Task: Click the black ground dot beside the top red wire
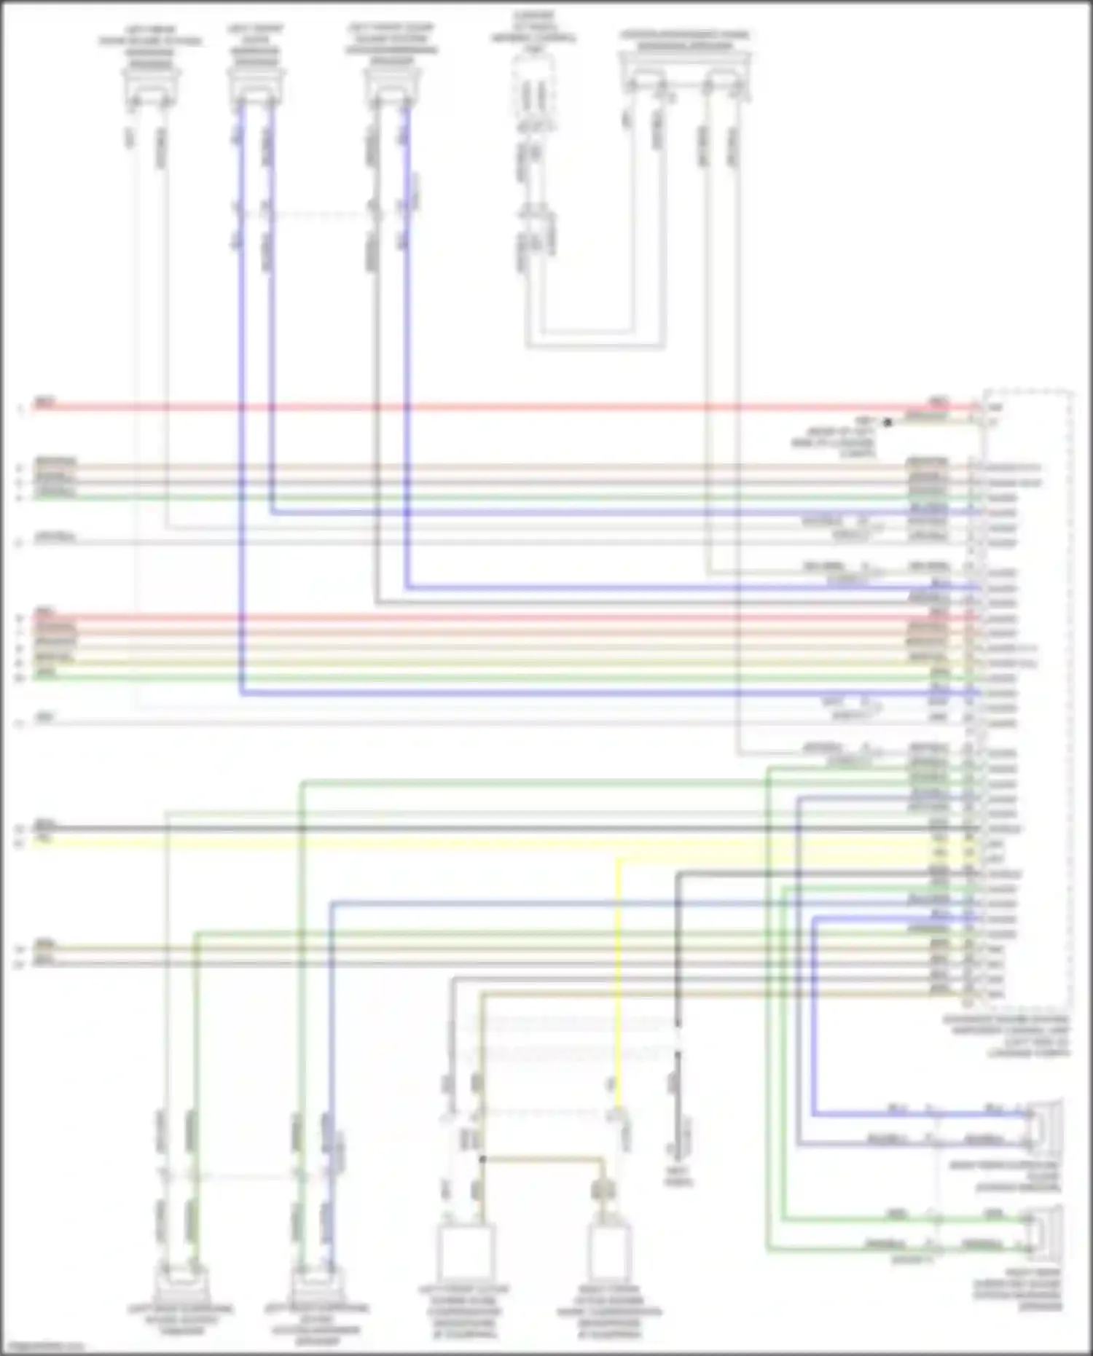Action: tap(888, 422)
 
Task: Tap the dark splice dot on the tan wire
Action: tap(482, 1159)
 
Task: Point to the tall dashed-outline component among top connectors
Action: tap(533, 91)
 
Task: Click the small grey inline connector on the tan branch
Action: tap(603, 1190)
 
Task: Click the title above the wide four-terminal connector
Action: tap(684, 41)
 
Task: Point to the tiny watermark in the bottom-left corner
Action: tap(40, 1347)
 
